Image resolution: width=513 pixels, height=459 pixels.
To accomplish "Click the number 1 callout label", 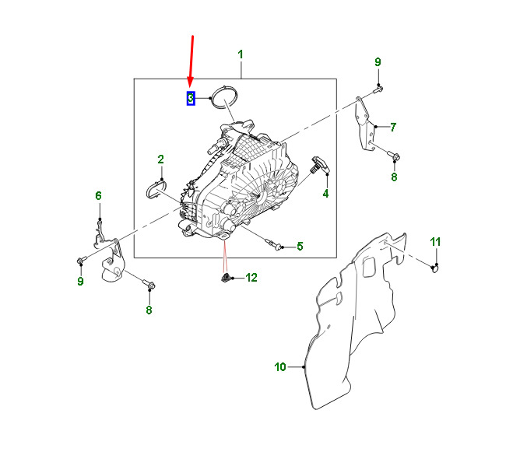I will pyautogui.click(x=241, y=54).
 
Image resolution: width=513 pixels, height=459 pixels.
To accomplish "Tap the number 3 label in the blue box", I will pyautogui.click(x=190, y=99).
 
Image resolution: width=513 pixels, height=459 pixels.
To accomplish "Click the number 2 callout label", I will pyautogui.click(x=161, y=160).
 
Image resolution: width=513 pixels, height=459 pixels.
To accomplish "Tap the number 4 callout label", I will pyautogui.click(x=326, y=193).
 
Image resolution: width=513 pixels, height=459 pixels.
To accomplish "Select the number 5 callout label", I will pyautogui.click(x=300, y=247).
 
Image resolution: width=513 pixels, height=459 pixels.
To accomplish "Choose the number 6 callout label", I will pyautogui.click(x=99, y=196).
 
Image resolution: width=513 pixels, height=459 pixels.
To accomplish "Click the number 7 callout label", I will pyautogui.click(x=393, y=127).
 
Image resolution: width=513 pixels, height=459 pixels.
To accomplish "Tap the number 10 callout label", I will pyautogui.click(x=280, y=366).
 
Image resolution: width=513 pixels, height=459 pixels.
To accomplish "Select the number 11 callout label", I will pyautogui.click(x=436, y=240).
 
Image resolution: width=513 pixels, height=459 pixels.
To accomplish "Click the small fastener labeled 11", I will pyautogui.click(x=436, y=269).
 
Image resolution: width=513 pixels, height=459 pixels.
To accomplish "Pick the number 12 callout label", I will pyautogui.click(x=251, y=277).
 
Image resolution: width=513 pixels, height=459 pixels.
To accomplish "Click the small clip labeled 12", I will pyautogui.click(x=226, y=278).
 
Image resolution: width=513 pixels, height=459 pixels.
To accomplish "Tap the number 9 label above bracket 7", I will pyautogui.click(x=378, y=62).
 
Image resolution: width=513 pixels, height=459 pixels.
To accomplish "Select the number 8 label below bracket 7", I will pyautogui.click(x=394, y=177).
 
